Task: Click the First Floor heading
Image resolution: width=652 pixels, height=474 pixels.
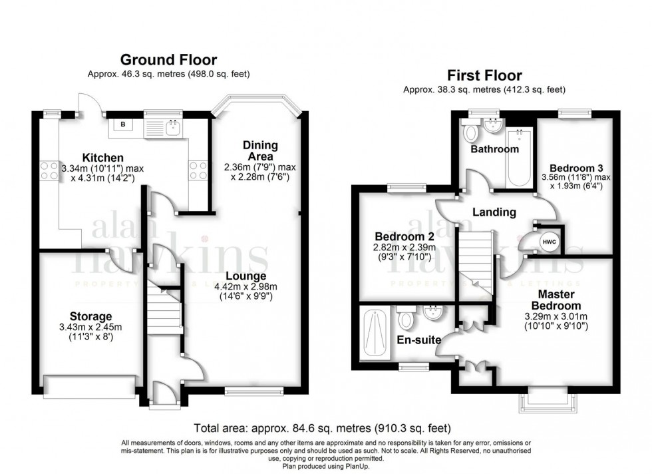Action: coord(484,75)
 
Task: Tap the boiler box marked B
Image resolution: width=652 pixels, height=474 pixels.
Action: coord(122,124)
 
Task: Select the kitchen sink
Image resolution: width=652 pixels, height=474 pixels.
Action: coord(173,126)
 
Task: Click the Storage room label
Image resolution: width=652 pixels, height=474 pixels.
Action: coord(90,316)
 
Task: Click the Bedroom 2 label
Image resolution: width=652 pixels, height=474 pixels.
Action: coord(399,237)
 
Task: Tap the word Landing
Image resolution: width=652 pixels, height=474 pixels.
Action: coord(494,212)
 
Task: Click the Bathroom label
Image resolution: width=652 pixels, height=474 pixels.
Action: coord(494,149)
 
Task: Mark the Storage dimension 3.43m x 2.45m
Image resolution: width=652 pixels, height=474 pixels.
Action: coord(90,327)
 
